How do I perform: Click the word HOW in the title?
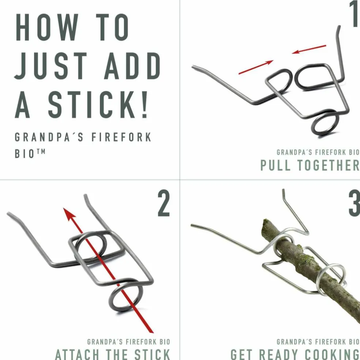click(x=47, y=27)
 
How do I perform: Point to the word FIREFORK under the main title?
click(x=121, y=137)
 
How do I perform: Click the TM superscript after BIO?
click(x=41, y=151)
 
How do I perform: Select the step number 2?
click(x=164, y=203)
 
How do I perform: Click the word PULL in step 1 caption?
click(x=275, y=165)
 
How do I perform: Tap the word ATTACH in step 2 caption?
click(x=77, y=355)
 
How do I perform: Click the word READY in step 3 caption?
click(x=276, y=355)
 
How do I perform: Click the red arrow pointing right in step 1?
click(x=256, y=67)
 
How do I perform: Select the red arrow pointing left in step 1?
click(x=309, y=49)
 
